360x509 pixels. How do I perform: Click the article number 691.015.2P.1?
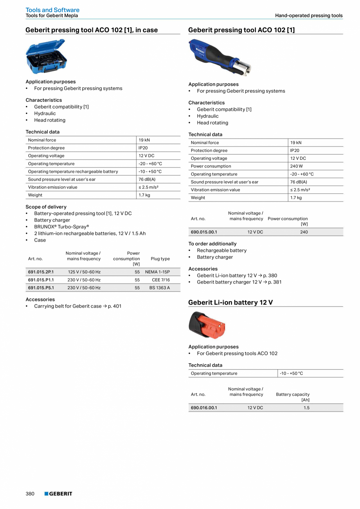click(x=41, y=272)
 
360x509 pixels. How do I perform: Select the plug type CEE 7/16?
click(x=161, y=280)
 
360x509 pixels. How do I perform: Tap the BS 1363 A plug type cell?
click(x=160, y=288)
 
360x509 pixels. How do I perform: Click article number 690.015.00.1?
click(x=203, y=232)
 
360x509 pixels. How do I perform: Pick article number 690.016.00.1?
click(x=203, y=408)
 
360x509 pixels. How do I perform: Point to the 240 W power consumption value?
click(x=296, y=166)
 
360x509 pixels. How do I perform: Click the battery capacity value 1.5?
click(x=306, y=408)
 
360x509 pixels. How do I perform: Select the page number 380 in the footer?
click(x=30, y=494)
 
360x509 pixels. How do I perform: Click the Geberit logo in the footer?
click(x=58, y=494)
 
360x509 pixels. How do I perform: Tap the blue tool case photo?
click(x=46, y=57)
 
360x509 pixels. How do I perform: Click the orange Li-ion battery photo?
click(x=207, y=325)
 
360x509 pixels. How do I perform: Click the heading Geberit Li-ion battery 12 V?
click(x=230, y=303)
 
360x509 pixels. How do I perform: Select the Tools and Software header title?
click(x=52, y=10)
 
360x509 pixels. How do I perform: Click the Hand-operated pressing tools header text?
click(x=309, y=16)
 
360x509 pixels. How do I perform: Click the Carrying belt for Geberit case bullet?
click(x=77, y=306)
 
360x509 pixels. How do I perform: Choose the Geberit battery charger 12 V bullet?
click(x=239, y=282)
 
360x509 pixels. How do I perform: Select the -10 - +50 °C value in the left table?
click(x=150, y=171)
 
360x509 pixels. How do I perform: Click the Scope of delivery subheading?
click(x=46, y=207)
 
